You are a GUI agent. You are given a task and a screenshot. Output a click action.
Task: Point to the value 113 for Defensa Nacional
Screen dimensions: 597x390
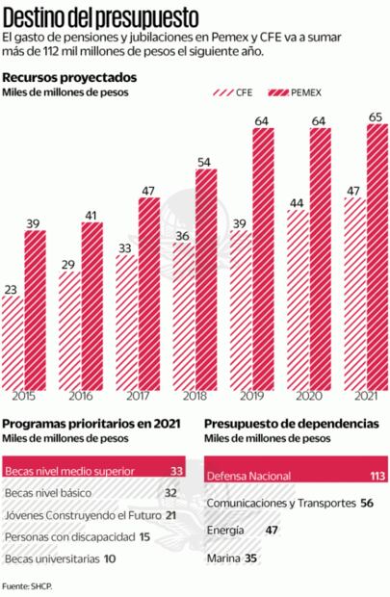377,476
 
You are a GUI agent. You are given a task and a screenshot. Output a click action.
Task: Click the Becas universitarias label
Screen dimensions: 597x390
47,558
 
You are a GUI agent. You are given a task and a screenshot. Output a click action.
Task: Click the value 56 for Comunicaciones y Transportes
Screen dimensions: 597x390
365,503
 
